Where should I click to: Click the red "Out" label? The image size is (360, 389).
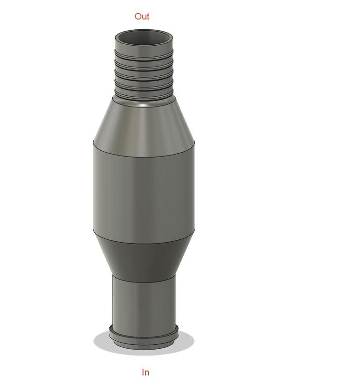[142, 17]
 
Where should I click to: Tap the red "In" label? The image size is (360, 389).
[145, 372]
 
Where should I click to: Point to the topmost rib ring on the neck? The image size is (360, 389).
[143, 54]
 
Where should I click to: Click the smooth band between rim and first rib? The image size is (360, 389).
[143, 48]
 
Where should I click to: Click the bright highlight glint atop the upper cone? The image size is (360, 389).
[143, 104]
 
